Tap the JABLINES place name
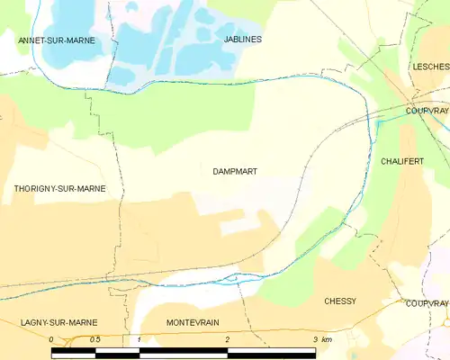point(243,40)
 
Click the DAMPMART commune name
point(236,170)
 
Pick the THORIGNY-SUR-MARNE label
point(59,189)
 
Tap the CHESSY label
point(340,301)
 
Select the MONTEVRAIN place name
point(193,322)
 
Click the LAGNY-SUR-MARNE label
point(58,322)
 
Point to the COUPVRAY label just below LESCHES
point(427,111)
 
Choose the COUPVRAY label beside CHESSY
point(426,303)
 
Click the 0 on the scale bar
point(51,339)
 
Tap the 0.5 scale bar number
point(94,339)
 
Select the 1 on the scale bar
point(139,339)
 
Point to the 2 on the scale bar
point(227,339)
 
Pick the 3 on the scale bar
point(315,339)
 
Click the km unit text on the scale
point(328,339)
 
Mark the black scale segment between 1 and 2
point(183,351)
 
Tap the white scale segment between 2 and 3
point(271,351)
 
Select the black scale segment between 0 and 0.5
point(73,351)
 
